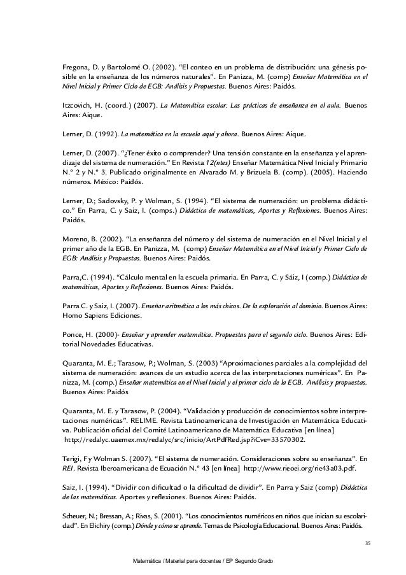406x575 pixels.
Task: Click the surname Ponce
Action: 72,334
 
